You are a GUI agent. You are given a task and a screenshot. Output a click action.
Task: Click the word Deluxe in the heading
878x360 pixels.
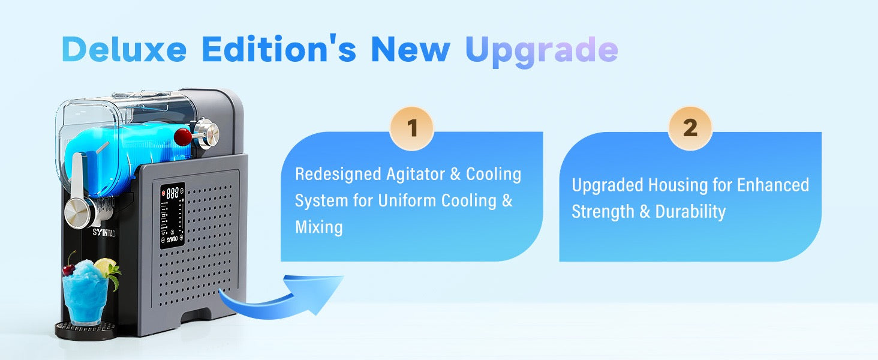click(x=124, y=49)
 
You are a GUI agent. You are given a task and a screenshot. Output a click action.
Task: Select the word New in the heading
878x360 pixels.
click(x=410, y=49)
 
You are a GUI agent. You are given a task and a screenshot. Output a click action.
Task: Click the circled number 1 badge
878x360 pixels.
click(x=411, y=128)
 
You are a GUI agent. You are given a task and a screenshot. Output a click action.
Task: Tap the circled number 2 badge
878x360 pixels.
click(x=690, y=128)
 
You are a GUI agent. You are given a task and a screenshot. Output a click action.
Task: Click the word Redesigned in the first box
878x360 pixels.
click(x=338, y=175)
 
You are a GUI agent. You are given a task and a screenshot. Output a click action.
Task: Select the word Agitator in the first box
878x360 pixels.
click(x=415, y=175)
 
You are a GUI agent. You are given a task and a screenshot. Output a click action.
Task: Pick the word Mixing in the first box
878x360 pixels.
click(x=319, y=227)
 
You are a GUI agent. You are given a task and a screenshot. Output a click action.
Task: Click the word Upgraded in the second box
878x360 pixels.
click(x=607, y=185)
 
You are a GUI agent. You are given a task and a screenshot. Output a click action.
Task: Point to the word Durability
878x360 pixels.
click(x=690, y=211)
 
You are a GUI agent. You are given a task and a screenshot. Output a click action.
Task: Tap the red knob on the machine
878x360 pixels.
click(x=183, y=136)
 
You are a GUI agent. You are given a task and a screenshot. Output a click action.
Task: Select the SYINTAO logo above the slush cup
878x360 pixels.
click(x=104, y=233)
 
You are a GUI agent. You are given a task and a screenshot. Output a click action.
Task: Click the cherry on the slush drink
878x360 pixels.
click(x=68, y=270)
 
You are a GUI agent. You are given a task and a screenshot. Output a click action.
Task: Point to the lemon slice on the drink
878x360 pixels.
click(x=105, y=266)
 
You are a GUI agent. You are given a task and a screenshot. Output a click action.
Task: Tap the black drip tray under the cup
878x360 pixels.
click(x=85, y=330)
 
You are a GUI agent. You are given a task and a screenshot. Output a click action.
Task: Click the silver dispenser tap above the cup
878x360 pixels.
click(x=80, y=212)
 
